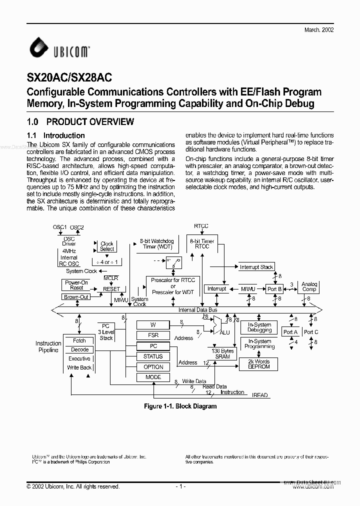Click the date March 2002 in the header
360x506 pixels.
click(x=319, y=30)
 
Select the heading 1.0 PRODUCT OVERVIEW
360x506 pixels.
click(x=80, y=121)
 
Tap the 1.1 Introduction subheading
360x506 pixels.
click(x=55, y=135)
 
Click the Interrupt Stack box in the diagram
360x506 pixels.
click(x=256, y=267)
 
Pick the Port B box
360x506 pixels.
click(x=274, y=289)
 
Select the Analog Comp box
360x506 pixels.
click(x=309, y=286)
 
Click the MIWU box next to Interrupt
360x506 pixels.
click(x=248, y=289)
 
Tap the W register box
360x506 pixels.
click(x=153, y=325)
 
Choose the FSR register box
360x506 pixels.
click(x=153, y=335)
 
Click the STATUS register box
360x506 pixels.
click(x=153, y=356)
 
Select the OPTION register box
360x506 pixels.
click(x=153, y=367)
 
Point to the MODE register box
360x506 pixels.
click(x=153, y=377)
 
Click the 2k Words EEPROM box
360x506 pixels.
click(x=259, y=364)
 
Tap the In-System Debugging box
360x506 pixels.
click(x=259, y=327)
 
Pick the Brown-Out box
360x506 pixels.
click(x=76, y=297)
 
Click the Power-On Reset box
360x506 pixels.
click(x=76, y=285)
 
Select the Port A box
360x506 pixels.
click(x=290, y=332)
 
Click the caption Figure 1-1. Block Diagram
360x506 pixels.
click(x=180, y=406)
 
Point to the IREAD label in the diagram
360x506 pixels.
click(x=260, y=395)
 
